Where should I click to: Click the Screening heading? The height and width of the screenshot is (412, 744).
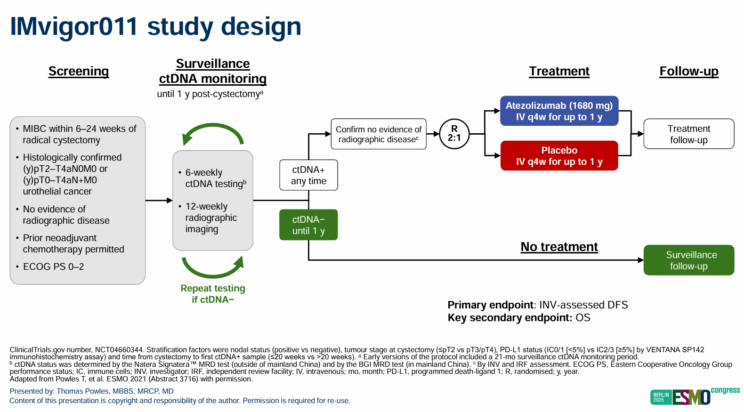pyautogui.click(x=79, y=71)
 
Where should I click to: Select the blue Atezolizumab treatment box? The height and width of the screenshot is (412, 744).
pyautogui.click(x=559, y=111)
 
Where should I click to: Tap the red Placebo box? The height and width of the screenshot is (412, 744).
pyautogui.click(x=559, y=156)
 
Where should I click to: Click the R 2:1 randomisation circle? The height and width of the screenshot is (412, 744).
pyautogui.click(x=454, y=134)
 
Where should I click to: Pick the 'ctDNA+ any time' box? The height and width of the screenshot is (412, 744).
pyautogui.click(x=308, y=175)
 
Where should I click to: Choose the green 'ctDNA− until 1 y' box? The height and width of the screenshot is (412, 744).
pyautogui.click(x=308, y=225)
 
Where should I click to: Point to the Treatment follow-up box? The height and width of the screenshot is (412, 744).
pyautogui.click(x=688, y=134)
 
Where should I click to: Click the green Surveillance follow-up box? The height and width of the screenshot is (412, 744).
pyautogui.click(x=688, y=260)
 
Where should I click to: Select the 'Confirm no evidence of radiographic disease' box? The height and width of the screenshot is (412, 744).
pyautogui.click(x=379, y=134)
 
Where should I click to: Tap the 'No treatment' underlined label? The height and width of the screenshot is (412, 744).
pyautogui.click(x=559, y=247)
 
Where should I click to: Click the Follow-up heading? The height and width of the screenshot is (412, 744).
pyautogui.click(x=688, y=71)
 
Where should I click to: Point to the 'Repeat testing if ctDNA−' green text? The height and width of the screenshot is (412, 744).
pyautogui.click(x=213, y=294)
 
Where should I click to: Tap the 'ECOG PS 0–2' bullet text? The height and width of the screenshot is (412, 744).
pyautogui.click(x=53, y=267)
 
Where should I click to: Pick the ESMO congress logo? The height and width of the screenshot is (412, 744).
pyautogui.click(x=695, y=396)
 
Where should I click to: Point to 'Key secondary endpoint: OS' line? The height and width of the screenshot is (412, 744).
pyautogui.click(x=519, y=318)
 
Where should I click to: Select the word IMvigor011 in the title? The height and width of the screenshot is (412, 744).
pyautogui.click(x=74, y=27)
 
